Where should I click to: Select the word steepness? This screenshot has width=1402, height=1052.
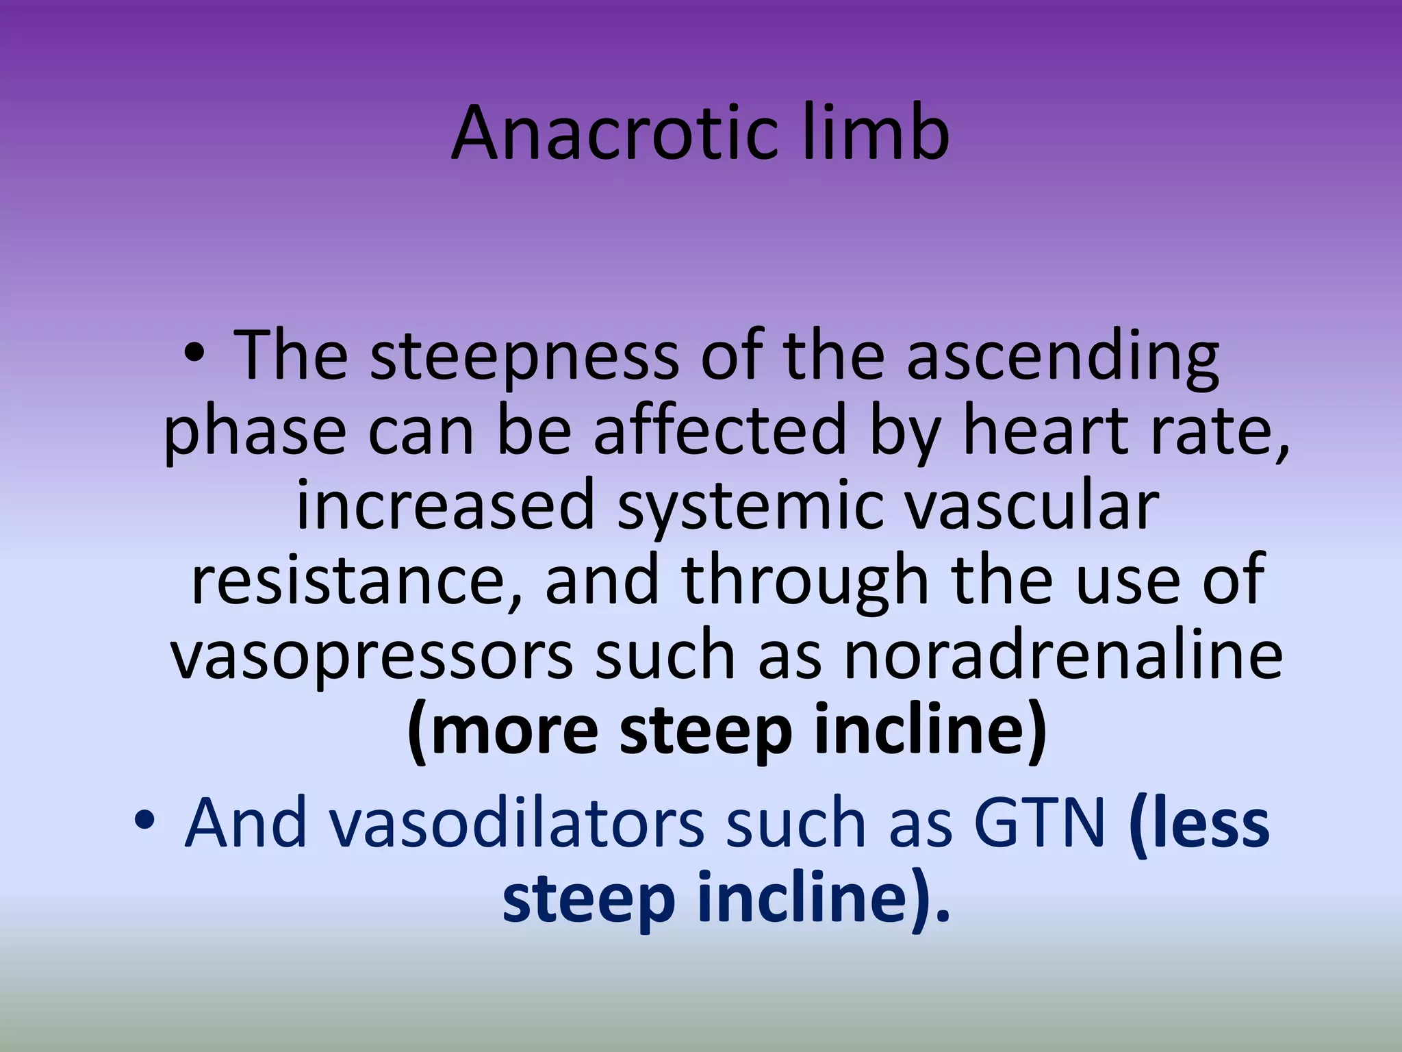[x=524, y=356]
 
